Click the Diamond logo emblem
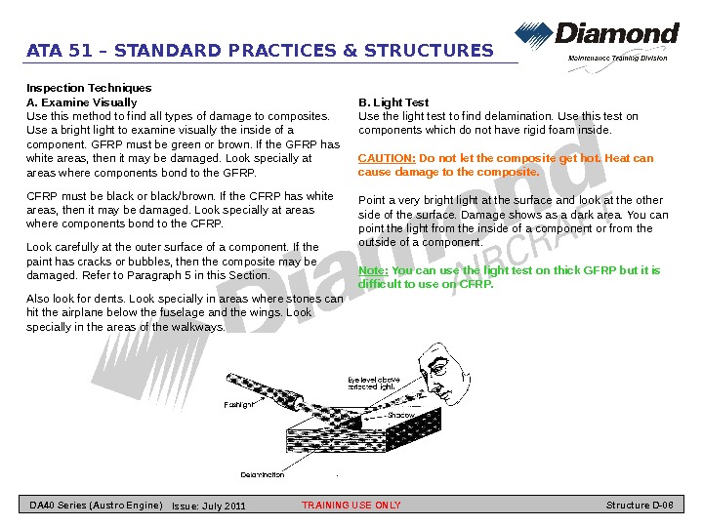533,36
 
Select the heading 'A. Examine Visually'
81,102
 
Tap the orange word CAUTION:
387,158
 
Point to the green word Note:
373,270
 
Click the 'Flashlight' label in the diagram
239,403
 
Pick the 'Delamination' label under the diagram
263,474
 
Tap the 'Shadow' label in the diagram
400,415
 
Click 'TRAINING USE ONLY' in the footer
351,506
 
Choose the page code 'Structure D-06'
640,506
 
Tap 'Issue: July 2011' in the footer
208,507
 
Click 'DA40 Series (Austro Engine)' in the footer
96,506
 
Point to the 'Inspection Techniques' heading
89,88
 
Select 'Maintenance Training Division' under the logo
618,58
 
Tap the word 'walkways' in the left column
199,327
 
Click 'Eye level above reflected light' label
374,383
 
